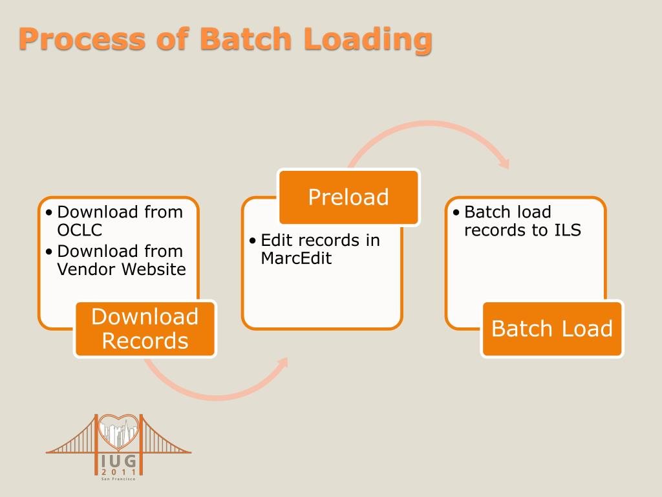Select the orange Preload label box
click(x=349, y=197)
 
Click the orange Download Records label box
click(x=145, y=329)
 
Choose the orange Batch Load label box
click(x=551, y=329)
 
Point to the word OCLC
click(x=80, y=230)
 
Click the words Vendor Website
click(x=122, y=269)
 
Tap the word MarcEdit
click(x=296, y=258)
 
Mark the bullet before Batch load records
click(x=456, y=213)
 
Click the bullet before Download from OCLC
click(x=50, y=213)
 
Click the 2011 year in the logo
click(x=120, y=472)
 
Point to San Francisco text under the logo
click(x=120, y=480)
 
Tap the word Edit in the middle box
click(x=274, y=241)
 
